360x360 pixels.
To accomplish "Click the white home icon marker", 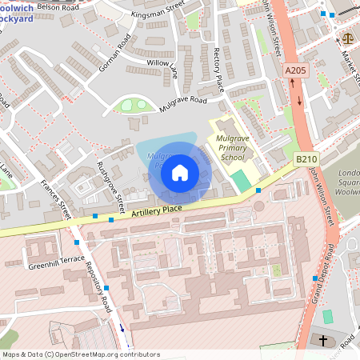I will pos(180,172).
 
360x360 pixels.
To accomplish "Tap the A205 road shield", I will pos(295,71).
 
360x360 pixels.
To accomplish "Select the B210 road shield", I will pos(306,160).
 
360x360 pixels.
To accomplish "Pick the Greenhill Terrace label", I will pos(55,262).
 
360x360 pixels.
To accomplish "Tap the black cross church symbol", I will pos(323,340).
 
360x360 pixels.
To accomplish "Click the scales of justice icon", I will pos(347,38).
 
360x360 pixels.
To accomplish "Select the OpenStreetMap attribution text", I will pos(80,354).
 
